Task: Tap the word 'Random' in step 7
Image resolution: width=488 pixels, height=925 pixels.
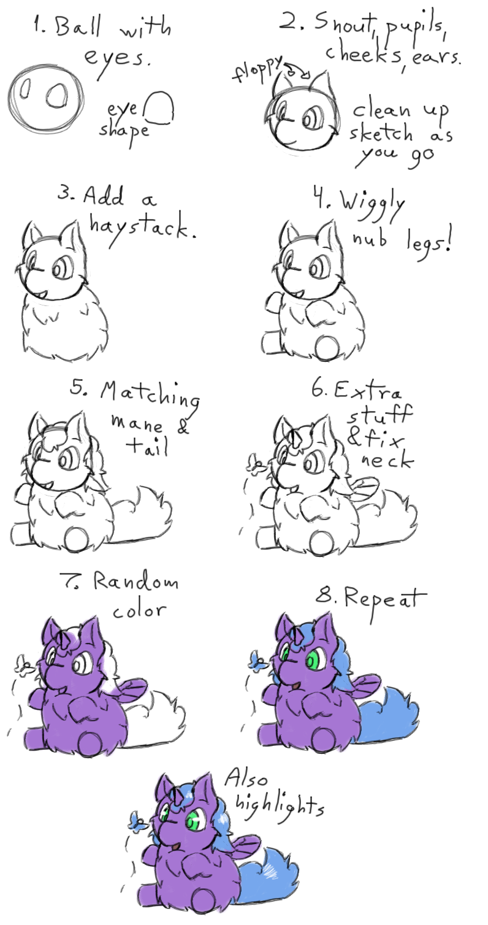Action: [x=135, y=581]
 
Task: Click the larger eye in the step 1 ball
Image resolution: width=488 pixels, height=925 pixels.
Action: [x=55, y=96]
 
